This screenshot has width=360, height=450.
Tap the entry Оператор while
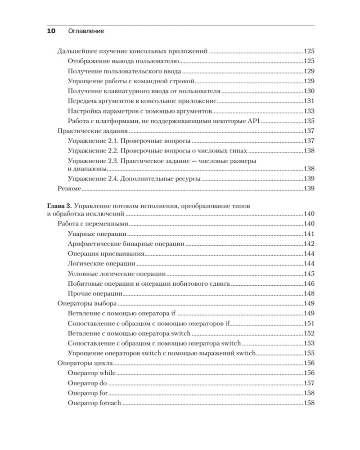91,373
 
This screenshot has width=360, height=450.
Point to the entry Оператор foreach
94,403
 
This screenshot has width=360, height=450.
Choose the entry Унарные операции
96,234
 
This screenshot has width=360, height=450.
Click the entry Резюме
70,189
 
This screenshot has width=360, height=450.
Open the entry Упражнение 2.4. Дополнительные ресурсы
133,179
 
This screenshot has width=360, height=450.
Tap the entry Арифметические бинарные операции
126,243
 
